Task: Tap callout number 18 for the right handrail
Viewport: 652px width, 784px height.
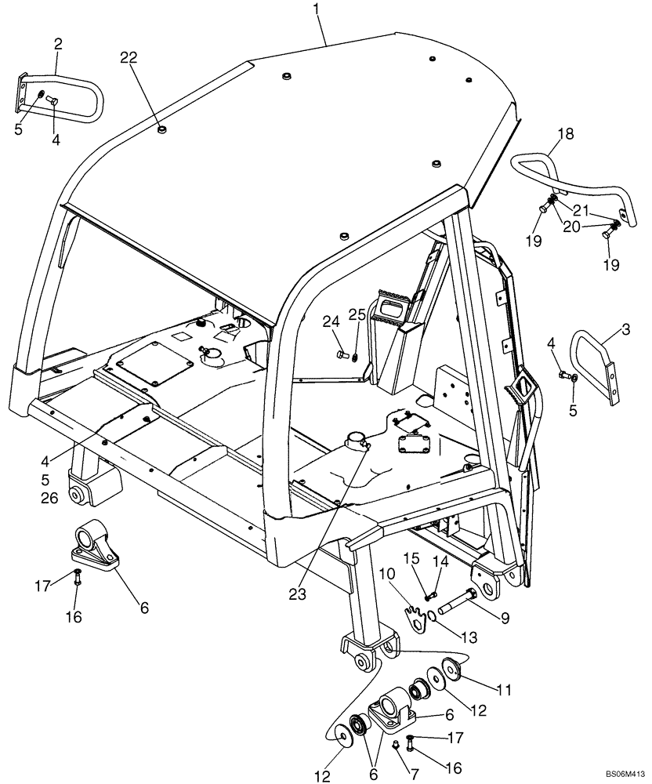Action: pos(565,134)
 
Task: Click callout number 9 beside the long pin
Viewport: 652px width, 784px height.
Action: pos(505,619)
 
